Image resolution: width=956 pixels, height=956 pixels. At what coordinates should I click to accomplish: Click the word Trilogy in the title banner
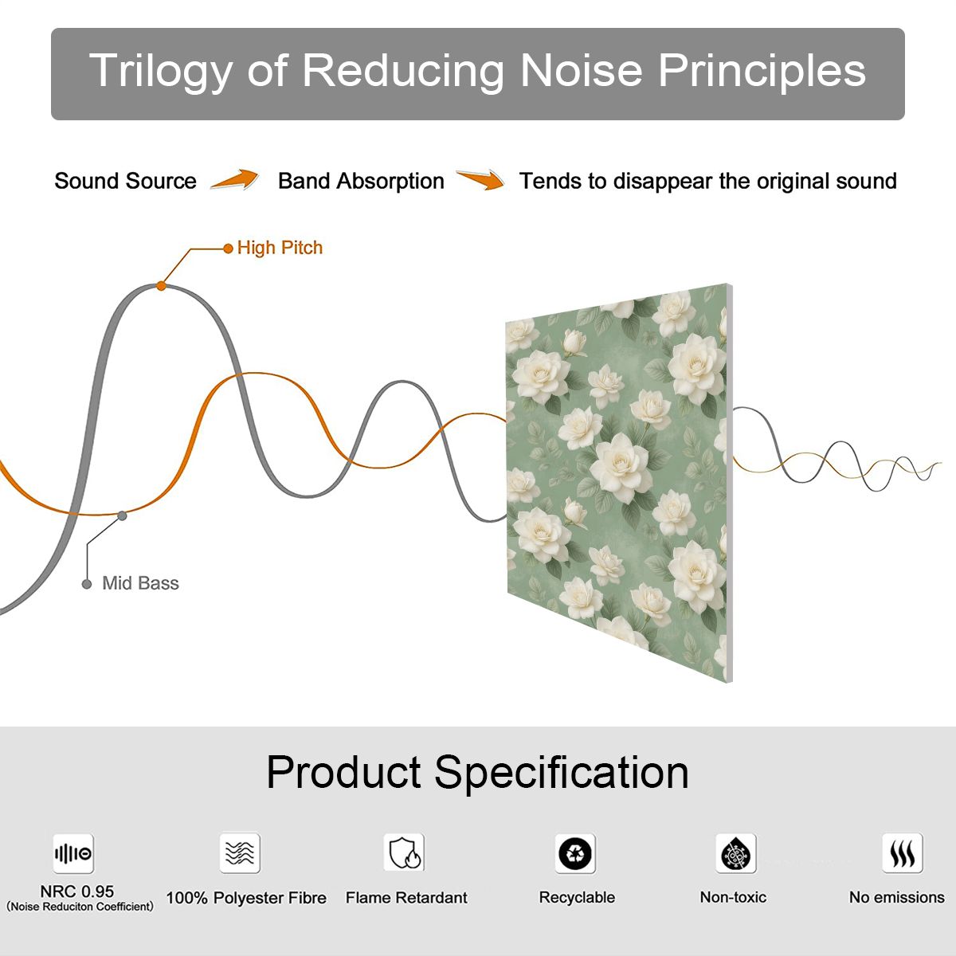161,70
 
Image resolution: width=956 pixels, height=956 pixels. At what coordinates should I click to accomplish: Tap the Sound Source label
126,181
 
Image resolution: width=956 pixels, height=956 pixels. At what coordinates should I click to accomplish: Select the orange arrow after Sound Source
235,179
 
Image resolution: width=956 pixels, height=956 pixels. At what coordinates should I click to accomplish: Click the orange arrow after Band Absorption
480,179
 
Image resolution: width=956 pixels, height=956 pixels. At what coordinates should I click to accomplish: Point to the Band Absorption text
361,181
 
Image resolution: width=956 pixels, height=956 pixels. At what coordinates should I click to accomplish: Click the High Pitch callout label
280,248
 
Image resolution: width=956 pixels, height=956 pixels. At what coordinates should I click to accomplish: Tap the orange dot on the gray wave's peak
161,286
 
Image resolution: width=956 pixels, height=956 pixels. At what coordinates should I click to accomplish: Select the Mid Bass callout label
140,583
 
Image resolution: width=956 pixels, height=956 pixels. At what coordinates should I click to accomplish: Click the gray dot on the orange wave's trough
122,516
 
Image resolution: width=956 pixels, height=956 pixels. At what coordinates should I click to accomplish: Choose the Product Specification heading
478,773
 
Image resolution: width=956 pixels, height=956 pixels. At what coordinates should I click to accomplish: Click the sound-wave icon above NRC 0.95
73,853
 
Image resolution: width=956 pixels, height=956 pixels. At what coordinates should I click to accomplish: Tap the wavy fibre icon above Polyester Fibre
240,852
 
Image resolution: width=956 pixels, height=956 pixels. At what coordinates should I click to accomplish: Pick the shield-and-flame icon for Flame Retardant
404,852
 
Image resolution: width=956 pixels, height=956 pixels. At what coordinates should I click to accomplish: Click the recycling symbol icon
575,853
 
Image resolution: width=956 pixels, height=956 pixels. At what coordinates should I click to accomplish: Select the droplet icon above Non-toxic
736,853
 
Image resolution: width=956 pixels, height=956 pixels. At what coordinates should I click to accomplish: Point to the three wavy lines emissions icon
903,853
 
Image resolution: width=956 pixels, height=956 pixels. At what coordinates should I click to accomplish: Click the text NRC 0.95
77,891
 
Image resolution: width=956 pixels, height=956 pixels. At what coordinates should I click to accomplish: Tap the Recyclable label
577,898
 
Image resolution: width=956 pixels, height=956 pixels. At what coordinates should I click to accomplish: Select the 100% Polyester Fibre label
246,898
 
